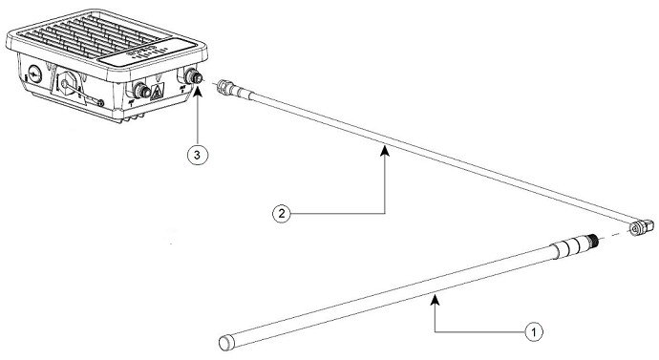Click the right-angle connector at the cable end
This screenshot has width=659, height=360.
640,225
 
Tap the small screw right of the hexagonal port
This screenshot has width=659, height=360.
99,99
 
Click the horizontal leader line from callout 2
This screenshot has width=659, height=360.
334,214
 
